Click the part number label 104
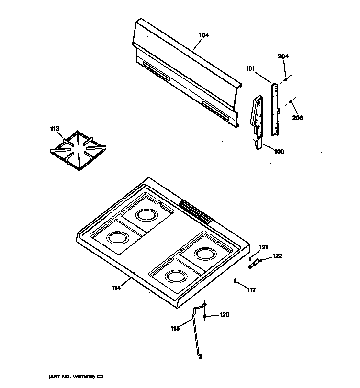tap(203, 35)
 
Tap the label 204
tap(283, 56)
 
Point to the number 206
tap(297, 118)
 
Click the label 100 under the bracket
tap(279, 152)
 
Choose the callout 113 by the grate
tap(55, 128)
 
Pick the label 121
tap(263, 247)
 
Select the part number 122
tap(277, 256)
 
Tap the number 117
tap(252, 289)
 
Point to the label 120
tap(224, 315)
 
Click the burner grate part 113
tap(78, 149)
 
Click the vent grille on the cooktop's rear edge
tap(195, 212)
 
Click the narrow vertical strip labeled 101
tap(276, 108)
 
